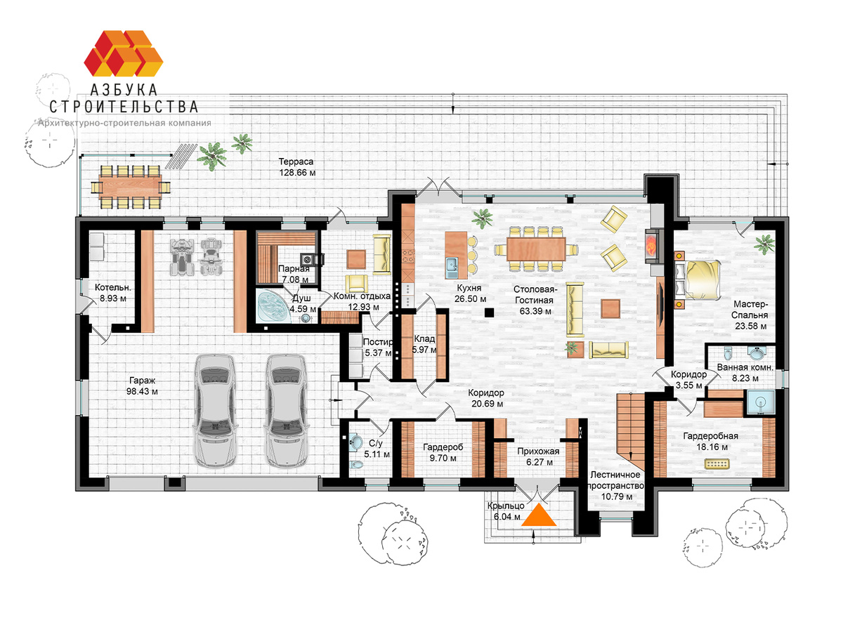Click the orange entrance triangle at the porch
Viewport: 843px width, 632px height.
click(x=538, y=515)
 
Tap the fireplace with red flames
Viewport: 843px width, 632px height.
click(x=655, y=246)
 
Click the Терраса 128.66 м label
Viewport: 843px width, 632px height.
click(x=297, y=167)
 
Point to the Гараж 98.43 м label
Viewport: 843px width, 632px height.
click(x=142, y=386)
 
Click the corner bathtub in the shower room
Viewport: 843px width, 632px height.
click(x=271, y=307)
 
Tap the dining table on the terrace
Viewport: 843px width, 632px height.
click(x=130, y=187)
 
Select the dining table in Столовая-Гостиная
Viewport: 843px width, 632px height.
click(x=536, y=249)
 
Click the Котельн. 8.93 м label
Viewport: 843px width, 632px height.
click(x=113, y=293)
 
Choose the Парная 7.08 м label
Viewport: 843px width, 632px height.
click(x=294, y=274)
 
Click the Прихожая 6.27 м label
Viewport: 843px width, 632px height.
click(x=538, y=456)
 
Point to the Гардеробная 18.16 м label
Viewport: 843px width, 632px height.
click(x=711, y=441)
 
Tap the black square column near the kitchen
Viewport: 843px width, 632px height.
click(x=489, y=312)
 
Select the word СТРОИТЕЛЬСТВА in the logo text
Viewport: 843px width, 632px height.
click(x=124, y=107)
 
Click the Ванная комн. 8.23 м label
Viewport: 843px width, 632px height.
click(x=745, y=373)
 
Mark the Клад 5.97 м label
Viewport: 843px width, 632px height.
click(x=424, y=344)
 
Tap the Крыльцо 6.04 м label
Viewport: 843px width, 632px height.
click(x=506, y=511)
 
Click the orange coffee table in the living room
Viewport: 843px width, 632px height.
click(x=610, y=309)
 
